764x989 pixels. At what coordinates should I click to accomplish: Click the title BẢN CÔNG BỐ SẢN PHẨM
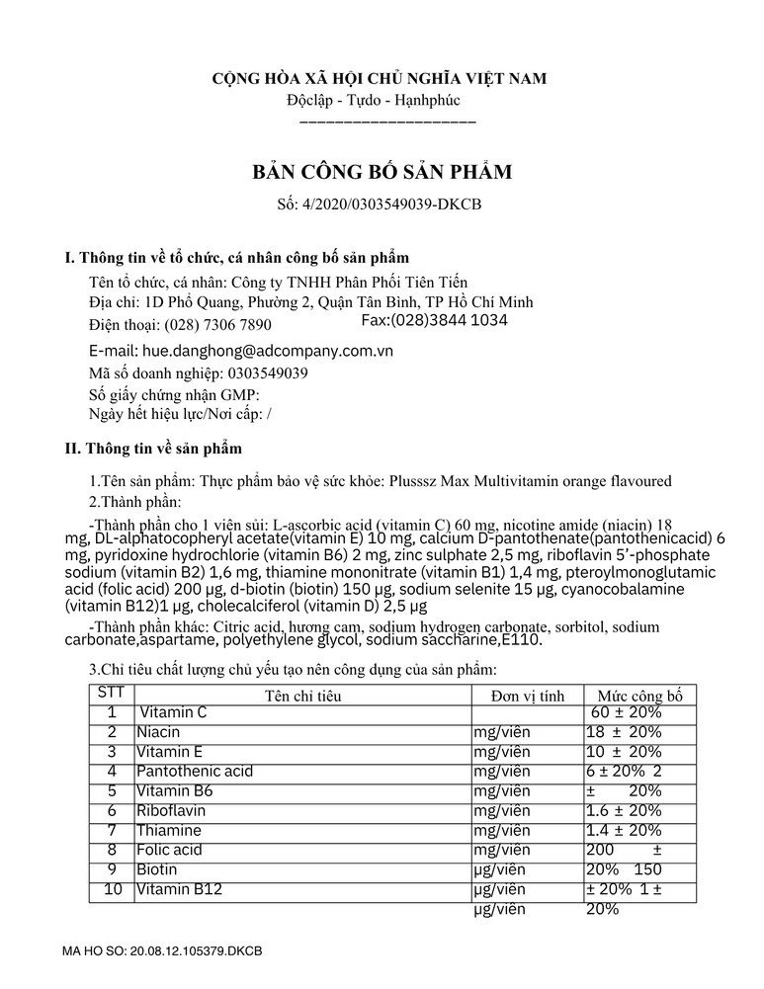tap(382, 173)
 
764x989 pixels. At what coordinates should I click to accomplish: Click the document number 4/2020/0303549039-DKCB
tap(382, 206)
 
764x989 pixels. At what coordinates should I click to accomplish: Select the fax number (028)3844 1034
tap(435, 320)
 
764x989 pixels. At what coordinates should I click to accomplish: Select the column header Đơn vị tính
tap(527, 696)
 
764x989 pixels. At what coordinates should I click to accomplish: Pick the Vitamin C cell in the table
tap(173, 712)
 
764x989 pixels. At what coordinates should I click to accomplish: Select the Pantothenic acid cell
tap(195, 772)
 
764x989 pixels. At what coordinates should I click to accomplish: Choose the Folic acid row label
tap(169, 851)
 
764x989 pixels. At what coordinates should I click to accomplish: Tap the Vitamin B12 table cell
tap(180, 890)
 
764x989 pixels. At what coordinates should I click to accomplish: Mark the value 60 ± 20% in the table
tap(626, 712)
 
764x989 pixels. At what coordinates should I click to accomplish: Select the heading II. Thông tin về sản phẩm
tap(153, 449)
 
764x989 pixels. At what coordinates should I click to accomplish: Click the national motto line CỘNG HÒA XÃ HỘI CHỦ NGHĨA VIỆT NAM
tap(382, 78)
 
